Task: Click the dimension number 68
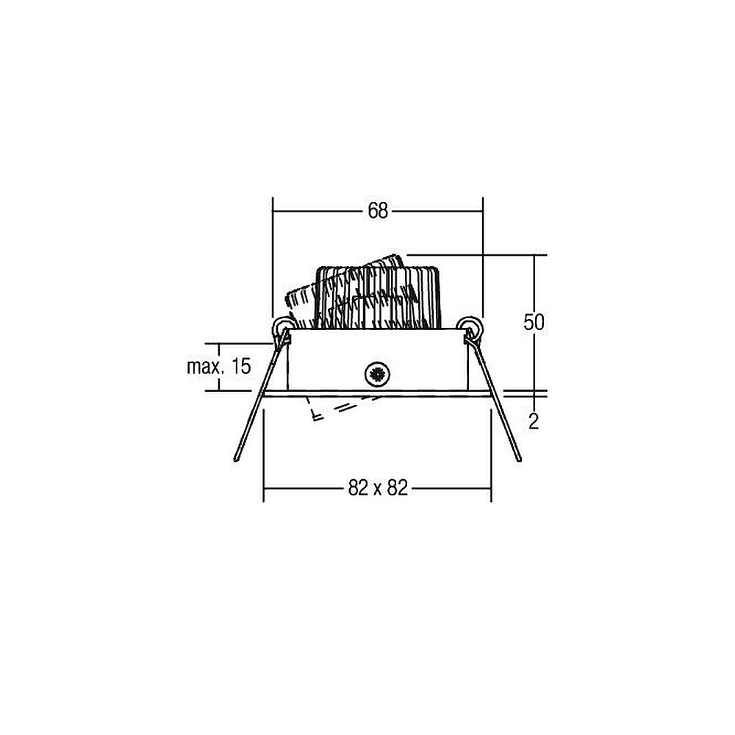point(378,211)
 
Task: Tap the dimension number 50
point(534,323)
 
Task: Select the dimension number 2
point(534,423)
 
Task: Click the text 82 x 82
point(378,489)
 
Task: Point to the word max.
point(205,366)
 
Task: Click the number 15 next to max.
point(241,365)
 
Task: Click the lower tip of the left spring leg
point(236,460)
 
